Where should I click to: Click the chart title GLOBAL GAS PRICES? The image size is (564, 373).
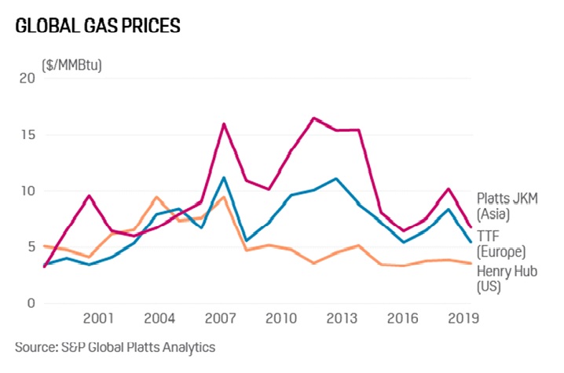[97, 26]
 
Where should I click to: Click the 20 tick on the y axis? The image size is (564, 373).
[27, 78]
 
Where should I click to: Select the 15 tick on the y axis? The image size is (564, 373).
[27, 134]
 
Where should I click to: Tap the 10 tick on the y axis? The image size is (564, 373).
[27, 191]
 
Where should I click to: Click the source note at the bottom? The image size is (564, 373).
[115, 346]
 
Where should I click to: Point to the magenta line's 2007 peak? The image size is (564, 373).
[224, 123]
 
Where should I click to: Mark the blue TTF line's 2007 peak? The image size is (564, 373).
[224, 177]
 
